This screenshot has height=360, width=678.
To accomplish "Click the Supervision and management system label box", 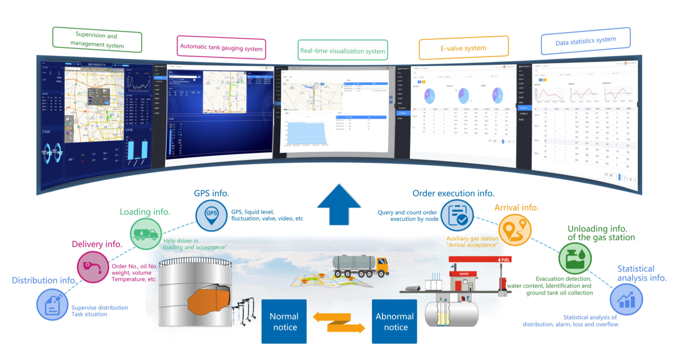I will (x=97, y=40).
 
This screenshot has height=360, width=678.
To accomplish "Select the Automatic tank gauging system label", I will (x=221, y=48).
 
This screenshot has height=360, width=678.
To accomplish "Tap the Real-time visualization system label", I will (x=343, y=50).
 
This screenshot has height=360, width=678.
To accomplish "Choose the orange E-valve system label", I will (x=463, y=48).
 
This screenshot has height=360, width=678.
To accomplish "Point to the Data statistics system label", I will (x=585, y=41).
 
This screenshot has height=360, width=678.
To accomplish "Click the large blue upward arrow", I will (x=339, y=205).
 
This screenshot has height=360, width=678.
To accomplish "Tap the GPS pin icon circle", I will (x=211, y=216).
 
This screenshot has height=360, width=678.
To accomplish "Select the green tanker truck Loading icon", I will (x=146, y=234).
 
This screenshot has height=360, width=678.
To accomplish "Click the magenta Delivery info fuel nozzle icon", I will (x=93, y=267).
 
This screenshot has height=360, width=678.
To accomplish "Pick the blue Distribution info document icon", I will (x=52, y=304).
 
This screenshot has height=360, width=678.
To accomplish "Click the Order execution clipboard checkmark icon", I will (x=457, y=215).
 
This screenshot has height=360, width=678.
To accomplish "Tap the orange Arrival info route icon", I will (x=515, y=230).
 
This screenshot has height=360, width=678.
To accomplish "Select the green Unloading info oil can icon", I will (x=575, y=259).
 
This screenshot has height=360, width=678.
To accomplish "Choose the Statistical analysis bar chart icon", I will (x=626, y=300).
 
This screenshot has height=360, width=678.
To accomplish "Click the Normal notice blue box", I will (x=284, y=321).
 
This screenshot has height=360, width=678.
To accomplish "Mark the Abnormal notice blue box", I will (x=394, y=321).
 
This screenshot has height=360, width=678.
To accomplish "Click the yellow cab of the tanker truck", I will (x=382, y=265).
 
